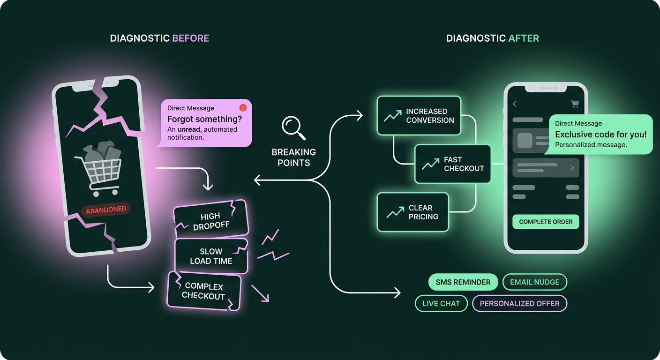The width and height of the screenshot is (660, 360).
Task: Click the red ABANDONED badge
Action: [x=106, y=210]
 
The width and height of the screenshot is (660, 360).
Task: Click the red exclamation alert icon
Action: [x=243, y=108]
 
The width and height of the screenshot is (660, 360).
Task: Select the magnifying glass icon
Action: [x=293, y=128]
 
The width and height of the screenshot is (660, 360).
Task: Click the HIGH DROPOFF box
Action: [x=211, y=219]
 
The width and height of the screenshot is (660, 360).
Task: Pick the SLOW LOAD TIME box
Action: [x=211, y=256]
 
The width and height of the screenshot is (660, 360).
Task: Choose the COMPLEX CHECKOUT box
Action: [x=204, y=291]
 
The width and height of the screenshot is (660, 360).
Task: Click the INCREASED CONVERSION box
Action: [x=419, y=115]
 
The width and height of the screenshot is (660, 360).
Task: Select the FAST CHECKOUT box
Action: [x=452, y=164]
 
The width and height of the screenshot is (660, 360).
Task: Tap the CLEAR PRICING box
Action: [x=413, y=212]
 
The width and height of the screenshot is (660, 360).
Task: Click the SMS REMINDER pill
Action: [x=463, y=282]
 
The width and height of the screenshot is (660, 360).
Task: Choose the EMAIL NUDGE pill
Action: [x=535, y=282]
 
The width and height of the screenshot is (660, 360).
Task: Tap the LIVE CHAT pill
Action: [x=441, y=303]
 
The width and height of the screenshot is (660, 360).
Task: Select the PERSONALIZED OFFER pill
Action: [x=519, y=303]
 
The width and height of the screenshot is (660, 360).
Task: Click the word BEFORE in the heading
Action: [x=191, y=38]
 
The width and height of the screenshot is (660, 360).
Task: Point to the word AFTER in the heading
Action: [x=524, y=38]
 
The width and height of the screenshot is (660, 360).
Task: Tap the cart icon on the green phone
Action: [x=575, y=104]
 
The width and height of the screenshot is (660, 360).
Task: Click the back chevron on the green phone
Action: [x=515, y=104]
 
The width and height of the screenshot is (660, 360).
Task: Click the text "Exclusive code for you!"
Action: [x=601, y=135]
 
